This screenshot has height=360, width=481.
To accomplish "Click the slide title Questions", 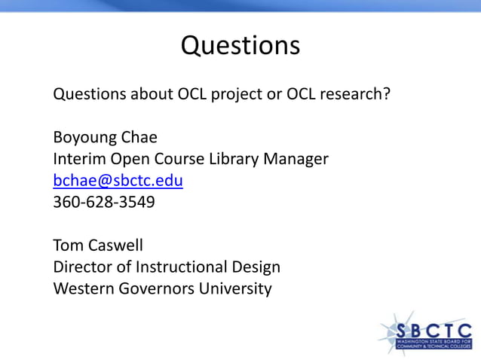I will click(x=240, y=46).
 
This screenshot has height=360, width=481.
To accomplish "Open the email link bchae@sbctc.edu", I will click(x=118, y=181).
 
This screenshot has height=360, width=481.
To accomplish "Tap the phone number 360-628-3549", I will click(x=104, y=202).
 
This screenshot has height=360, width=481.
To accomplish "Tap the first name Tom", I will click(x=67, y=246).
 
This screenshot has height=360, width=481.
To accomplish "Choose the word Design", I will click(x=256, y=267).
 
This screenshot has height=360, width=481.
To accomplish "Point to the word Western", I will click(x=82, y=288).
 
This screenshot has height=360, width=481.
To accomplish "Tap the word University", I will click(x=234, y=288).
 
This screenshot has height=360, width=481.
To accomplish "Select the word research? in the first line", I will click(x=355, y=96).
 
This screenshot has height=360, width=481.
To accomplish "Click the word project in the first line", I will click(x=242, y=96).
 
